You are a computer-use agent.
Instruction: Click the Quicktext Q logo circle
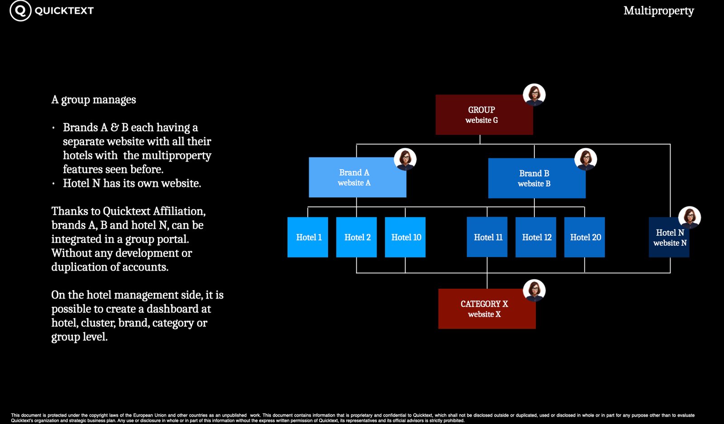20,11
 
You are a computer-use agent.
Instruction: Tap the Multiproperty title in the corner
658,11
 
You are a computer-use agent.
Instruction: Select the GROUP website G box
484,115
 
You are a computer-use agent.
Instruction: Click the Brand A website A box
357,177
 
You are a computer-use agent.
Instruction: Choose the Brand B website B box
537,178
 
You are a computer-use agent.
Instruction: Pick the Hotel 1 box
308,237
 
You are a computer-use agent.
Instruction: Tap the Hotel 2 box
357,237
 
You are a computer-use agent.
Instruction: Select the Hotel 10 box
405,237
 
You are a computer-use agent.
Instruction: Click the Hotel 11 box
487,237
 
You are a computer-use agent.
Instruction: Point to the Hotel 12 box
536,237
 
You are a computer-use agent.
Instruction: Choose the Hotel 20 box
585,237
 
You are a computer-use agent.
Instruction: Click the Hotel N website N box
669,237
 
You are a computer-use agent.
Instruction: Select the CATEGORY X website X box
487,309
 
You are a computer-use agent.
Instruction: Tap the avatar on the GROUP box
534,95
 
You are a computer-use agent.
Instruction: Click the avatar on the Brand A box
405,159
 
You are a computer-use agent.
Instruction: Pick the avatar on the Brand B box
586,159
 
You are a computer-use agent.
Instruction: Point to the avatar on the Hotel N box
690,218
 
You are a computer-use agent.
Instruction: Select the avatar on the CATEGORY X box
534,291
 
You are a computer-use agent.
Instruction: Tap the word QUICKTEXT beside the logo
64,11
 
